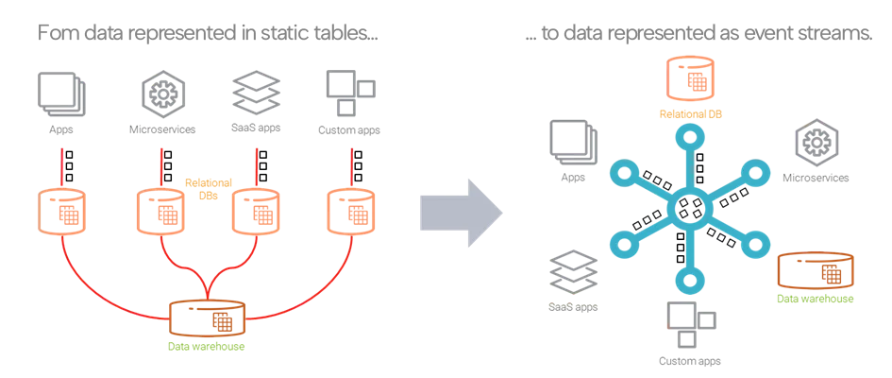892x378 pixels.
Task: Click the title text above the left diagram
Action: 207,37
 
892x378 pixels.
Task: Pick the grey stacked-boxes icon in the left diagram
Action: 258,92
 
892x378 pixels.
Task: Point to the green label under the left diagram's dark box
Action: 207,345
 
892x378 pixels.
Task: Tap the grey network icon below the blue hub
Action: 690,326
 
